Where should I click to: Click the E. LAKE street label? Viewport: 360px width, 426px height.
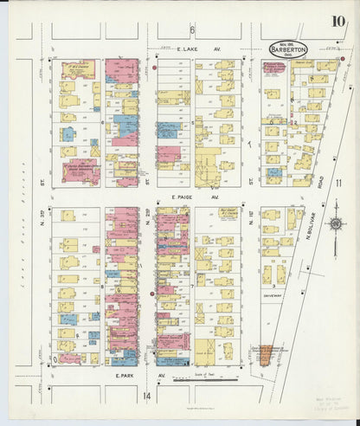click(x=188, y=52)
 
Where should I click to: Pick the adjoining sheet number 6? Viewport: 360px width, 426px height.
click(x=192, y=30)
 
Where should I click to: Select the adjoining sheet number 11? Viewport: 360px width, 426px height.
click(x=340, y=182)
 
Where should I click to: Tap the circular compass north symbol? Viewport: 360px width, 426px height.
click(x=334, y=227)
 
